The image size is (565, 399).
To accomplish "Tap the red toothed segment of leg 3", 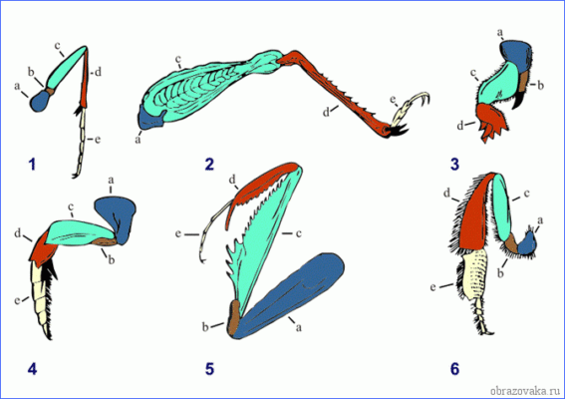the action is [491, 122].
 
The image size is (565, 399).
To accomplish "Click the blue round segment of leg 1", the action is [40, 101].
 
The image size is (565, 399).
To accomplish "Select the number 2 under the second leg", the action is [209, 165].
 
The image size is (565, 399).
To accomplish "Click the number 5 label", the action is [209, 369].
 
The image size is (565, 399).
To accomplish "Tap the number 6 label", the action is [454, 369].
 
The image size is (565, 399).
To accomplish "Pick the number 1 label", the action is [32, 165].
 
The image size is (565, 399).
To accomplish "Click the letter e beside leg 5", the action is [178, 234].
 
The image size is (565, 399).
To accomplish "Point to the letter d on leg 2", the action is [326, 113].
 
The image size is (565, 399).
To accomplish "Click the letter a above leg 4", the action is [111, 180].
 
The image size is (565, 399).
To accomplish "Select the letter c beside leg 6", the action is [526, 194].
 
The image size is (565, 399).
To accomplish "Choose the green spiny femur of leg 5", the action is [263, 234].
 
